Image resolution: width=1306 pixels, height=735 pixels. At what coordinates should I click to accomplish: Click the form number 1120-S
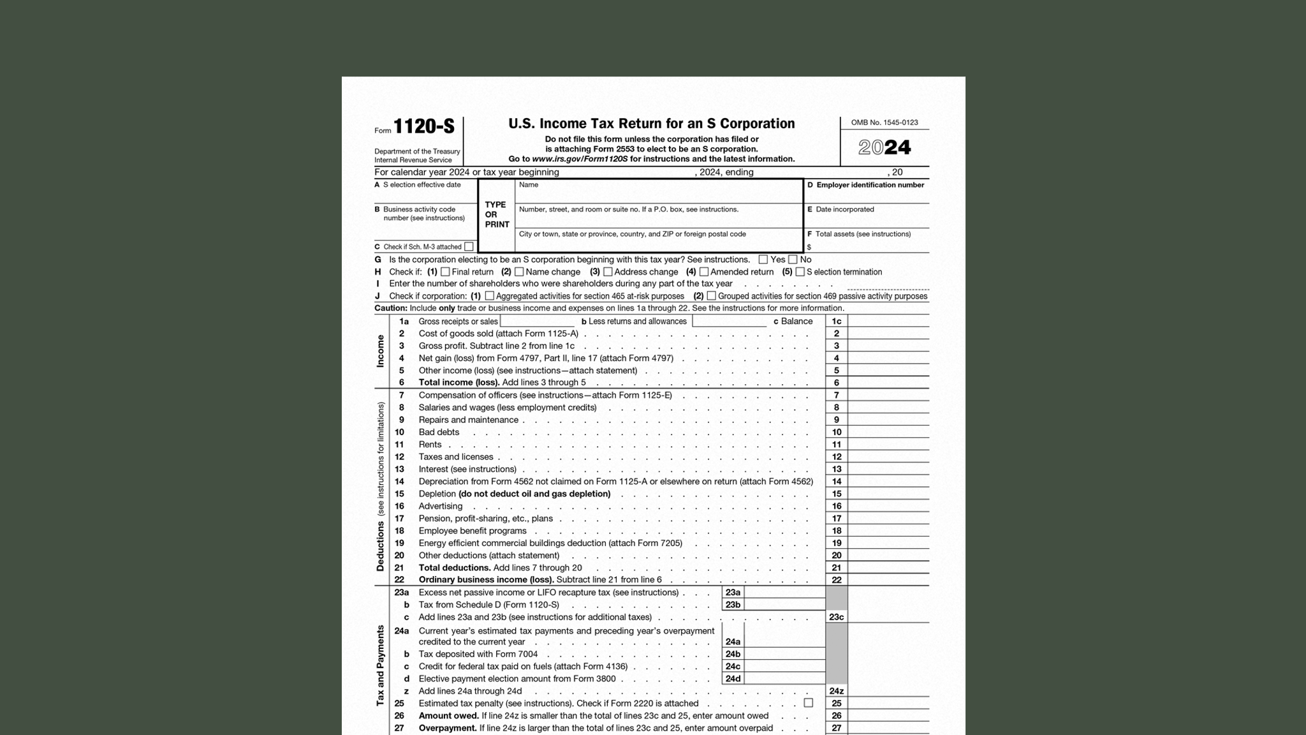tap(423, 126)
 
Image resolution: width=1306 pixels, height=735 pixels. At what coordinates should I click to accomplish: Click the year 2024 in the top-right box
tap(884, 148)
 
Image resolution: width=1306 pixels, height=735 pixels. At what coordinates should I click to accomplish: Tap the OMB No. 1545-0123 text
tap(884, 122)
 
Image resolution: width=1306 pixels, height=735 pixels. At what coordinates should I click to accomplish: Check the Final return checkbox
tap(445, 272)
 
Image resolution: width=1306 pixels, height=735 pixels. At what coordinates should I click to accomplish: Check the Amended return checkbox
tap(704, 272)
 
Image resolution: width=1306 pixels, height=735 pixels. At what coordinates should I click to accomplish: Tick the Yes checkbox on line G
tap(763, 260)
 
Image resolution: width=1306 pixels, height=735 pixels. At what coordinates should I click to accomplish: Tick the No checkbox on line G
tap(793, 260)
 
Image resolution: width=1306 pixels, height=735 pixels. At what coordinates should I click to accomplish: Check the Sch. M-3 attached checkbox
tap(469, 247)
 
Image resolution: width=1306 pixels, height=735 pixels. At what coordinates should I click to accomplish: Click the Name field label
tap(529, 185)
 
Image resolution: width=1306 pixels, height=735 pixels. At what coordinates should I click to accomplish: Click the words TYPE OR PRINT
tap(496, 215)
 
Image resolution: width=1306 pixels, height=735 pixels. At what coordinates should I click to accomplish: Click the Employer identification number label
tap(870, 185)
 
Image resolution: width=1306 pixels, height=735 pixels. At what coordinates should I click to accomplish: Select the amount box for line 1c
tap(888, 321)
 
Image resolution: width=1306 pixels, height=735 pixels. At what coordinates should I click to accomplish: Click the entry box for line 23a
tap(784, 592)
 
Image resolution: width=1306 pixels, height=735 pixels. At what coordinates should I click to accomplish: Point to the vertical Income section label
tap(381, 351)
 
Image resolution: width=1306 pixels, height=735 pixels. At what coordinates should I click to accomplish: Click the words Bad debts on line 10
tap(439, 432)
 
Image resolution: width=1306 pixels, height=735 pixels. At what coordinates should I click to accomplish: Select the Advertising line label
tap(440, 506)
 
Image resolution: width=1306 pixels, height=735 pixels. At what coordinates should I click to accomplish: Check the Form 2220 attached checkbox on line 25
tap(808, 702)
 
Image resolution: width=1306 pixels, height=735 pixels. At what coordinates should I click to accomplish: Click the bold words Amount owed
tap(448, 716)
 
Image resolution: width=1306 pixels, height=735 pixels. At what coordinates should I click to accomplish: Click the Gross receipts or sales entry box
tap(537, 321)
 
